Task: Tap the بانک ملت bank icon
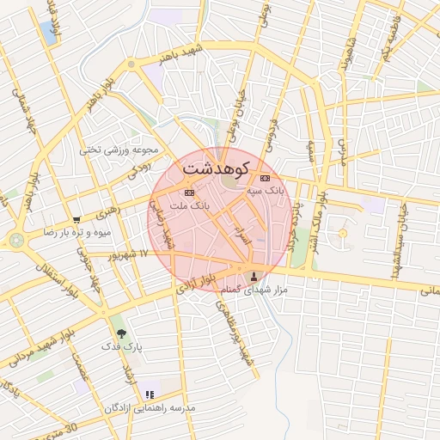tap(189, 192)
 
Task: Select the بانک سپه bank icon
tap(263, 178)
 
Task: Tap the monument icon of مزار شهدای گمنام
tap(253, 277)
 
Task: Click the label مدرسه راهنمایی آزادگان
tap(150, 407)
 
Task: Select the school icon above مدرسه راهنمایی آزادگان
tap(150, 394)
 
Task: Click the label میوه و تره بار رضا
tap(76, 233)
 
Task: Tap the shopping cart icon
tap(76, 219)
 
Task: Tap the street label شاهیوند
tap(345, 57)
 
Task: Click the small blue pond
tap(48, 33)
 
